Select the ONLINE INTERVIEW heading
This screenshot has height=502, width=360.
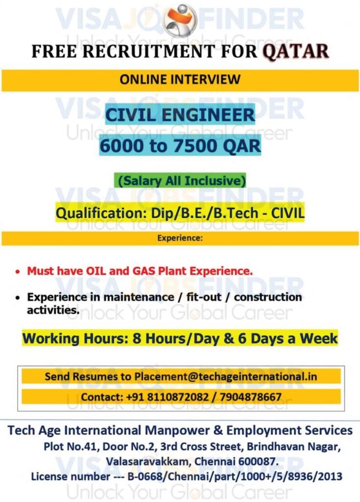click(x=180, y=79)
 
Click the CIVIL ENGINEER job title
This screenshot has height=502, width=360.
click(x=181, y=116)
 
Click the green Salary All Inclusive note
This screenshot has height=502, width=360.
click(x=180, y=180)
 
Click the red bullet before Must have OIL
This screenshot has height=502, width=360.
click(x=18, y=271)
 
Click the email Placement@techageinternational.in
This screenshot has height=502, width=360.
click(x=225, y=376)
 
